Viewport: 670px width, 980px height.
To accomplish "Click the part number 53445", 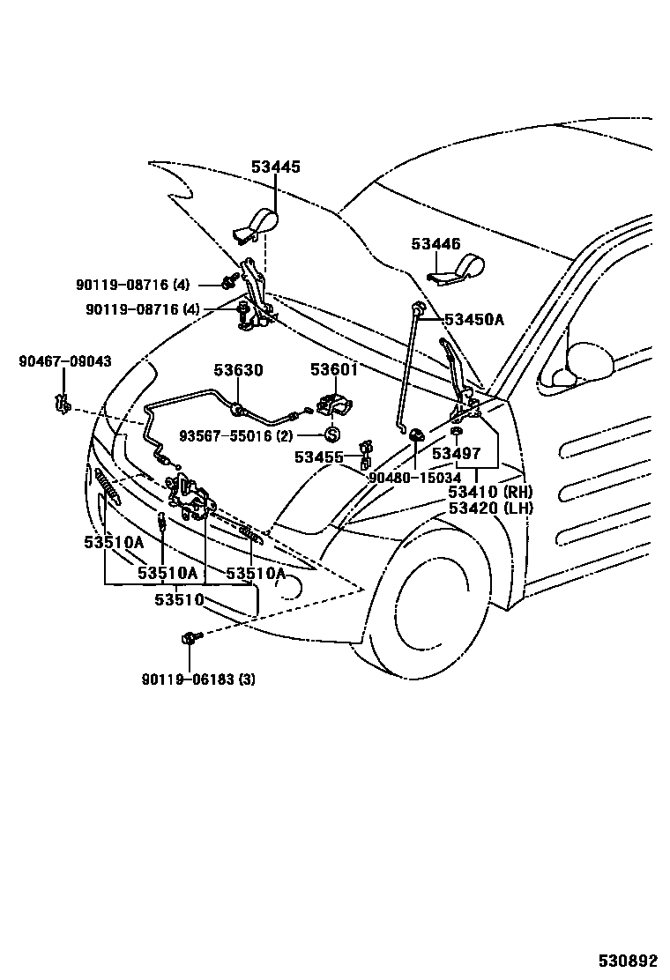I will click(x=275, y=167).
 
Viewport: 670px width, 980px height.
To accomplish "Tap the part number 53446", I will click(x=435, y=244).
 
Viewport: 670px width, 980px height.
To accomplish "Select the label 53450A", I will click(x=473, y=320).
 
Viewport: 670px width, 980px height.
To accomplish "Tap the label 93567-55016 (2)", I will click(x=235, y=435).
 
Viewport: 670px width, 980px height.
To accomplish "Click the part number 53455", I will click(x=319, y=457).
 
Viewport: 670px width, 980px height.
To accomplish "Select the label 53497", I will click(x=456, y=453).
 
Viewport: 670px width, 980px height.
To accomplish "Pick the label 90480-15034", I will click(x=414, y=477).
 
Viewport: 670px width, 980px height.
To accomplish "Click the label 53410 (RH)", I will click(x=490, y=492).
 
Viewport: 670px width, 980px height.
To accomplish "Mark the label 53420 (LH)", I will click(x=490, y=508).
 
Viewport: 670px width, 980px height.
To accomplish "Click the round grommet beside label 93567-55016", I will click(x=332, y=434).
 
